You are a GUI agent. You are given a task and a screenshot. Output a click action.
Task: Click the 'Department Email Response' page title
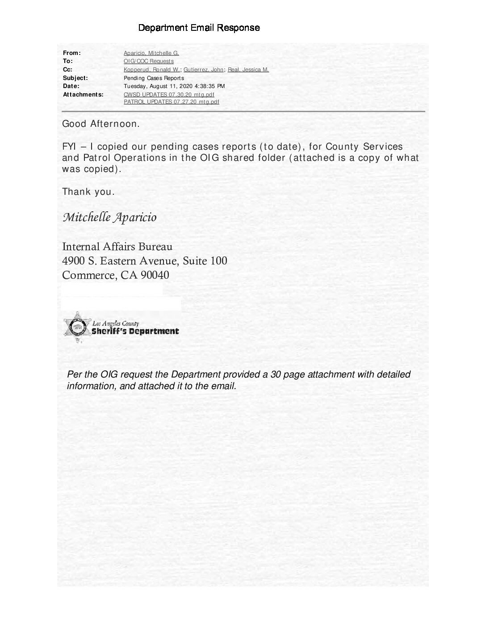tap(199, 28)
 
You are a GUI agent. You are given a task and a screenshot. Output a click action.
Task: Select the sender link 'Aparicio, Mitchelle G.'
tap(151, 53)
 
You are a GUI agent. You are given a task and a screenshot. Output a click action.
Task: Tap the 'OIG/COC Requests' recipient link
tap(148, 61)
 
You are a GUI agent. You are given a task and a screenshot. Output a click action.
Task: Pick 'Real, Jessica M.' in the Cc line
tap(248, 70)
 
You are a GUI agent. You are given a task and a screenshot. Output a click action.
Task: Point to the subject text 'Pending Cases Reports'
tap(154, 78)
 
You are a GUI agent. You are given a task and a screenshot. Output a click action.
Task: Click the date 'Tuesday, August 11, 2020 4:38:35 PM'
tap(174, 86)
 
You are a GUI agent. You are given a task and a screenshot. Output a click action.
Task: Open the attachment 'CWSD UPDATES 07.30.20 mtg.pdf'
tap(169, 95)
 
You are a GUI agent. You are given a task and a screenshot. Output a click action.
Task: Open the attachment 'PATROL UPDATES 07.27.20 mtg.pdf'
tap(171, 102)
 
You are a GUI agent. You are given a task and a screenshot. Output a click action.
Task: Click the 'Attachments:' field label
tap(83, 95)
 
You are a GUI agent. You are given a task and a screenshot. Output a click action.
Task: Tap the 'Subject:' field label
tap(75, 78)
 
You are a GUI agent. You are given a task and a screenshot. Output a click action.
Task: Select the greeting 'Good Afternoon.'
tap(101, 124)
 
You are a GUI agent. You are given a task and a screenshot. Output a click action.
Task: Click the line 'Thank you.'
tap(88, 192)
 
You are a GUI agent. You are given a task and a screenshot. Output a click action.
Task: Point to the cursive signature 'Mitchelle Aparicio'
tap(109, 218)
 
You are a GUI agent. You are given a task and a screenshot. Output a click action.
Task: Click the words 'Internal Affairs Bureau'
tap(117, 247)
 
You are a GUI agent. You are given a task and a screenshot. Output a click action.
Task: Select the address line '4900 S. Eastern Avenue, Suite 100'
tap(144, 260)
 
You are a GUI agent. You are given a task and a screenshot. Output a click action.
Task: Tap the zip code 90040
tap(155, 275)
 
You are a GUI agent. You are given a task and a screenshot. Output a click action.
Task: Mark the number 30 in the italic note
tap(275, 374)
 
